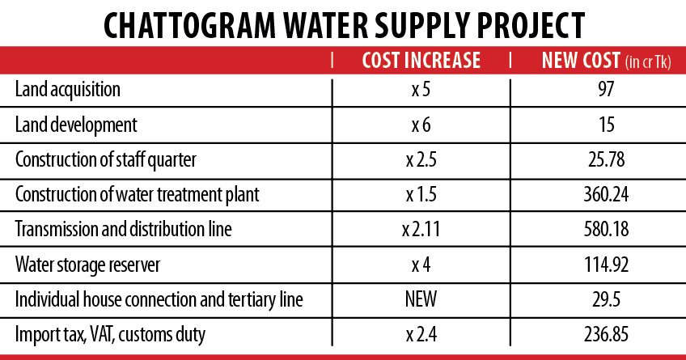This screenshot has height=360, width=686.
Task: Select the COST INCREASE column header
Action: coord(421,61)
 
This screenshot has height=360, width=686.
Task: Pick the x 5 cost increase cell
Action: coord(420,89)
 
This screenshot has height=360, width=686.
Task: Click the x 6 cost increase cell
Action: coord(420,125)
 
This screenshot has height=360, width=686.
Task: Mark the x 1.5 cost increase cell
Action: coord(420,195)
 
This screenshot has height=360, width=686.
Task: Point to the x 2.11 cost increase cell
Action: coord(420,230)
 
